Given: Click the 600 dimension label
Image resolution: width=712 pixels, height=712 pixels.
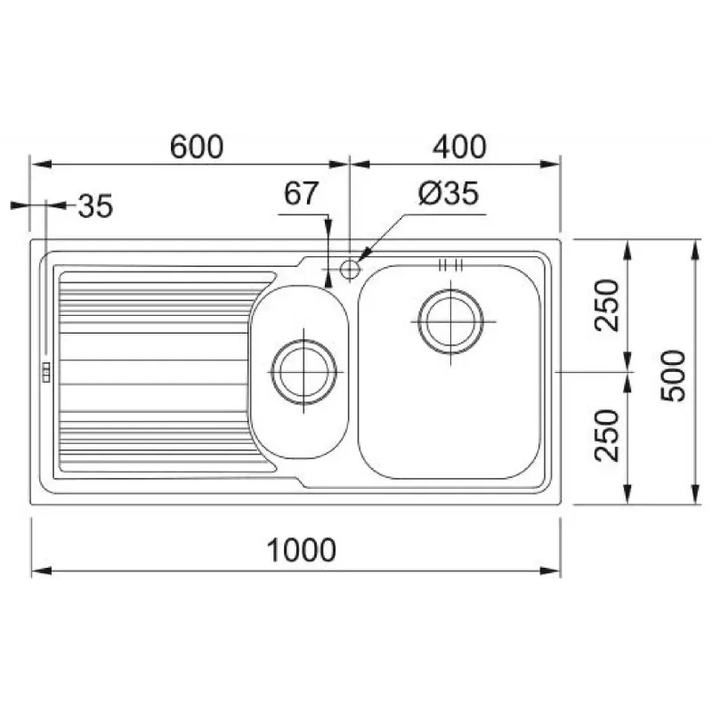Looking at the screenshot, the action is tap(197, 147).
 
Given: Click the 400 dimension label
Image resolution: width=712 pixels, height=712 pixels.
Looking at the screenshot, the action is tap(459, 147).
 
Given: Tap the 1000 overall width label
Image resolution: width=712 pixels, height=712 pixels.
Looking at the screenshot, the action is tap(301, 550).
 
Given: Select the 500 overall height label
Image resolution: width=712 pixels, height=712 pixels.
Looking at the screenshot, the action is tap(673, 376).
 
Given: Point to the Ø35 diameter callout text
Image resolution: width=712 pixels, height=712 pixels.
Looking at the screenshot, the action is tap(449, 193).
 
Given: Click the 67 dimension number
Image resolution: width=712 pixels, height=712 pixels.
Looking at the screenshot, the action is tap(301, 193).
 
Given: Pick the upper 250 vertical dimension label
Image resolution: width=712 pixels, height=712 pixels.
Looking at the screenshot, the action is tap(607, 305).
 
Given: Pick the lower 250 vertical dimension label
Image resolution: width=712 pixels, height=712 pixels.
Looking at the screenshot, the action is tap(607, 436).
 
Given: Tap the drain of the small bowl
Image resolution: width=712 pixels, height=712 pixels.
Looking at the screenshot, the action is tap(303, 372).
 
